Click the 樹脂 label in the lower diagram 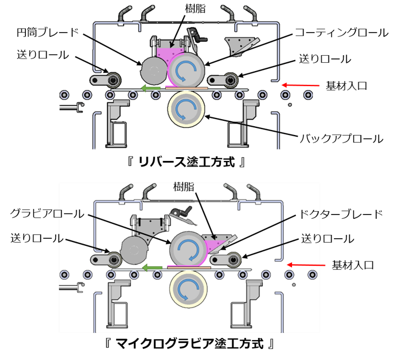(184, 187)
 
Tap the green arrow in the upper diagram (150, 88)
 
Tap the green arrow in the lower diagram (152, 268)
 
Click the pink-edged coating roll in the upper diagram (186, 69)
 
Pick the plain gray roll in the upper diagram (154, 70)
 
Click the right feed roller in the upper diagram (229, 80)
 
